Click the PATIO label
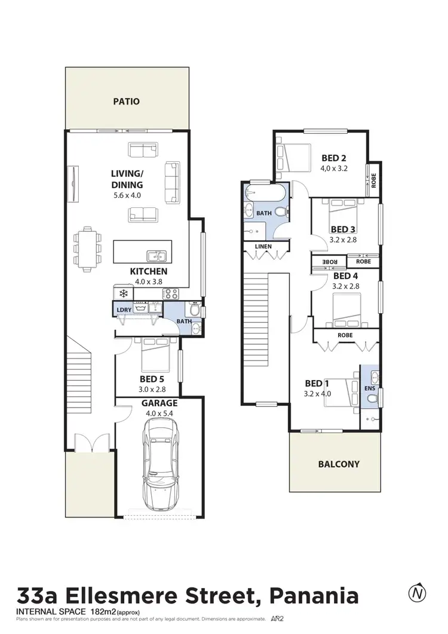pyautogui.click(x=126, y=101)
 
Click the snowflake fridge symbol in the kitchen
pyautogui.click(x=124, y=293)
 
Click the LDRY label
pyautogui.click(x=124, y=309)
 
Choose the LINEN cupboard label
pyautogui.click(x=263, y=246)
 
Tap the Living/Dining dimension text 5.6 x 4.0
pyautogui.click(x=127, y=195)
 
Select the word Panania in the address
pyautogui.click(x=315, y=596)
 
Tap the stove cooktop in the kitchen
pyautogui.click(x=171, y=293)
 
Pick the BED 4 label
pyautogui.click(x=346, y=276)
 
